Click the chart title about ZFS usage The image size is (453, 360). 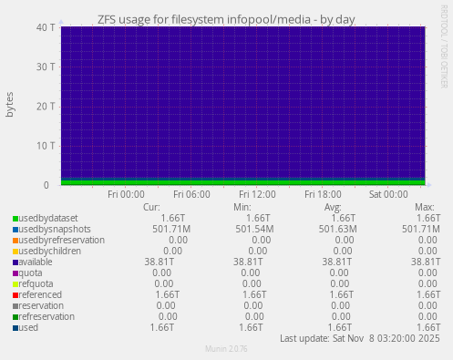(226, 18)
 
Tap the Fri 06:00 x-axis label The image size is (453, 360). (191, 194)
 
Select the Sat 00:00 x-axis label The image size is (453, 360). (388, 194)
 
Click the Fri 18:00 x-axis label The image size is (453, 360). (323, 194)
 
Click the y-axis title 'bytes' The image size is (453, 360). (11, 105)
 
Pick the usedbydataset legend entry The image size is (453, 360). (48, 218)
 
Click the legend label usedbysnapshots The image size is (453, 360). (54, 229)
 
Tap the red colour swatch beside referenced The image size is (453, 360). (15, 295)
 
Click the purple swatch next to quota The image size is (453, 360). (15, 273)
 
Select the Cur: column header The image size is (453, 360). (152, 207)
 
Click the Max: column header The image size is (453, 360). (424, 207)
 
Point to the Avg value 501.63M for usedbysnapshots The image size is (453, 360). (338, 229)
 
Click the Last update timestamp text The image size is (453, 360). (360, 338)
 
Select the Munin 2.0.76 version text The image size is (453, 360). (226, 350)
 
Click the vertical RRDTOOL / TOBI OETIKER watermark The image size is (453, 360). (444, 55)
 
